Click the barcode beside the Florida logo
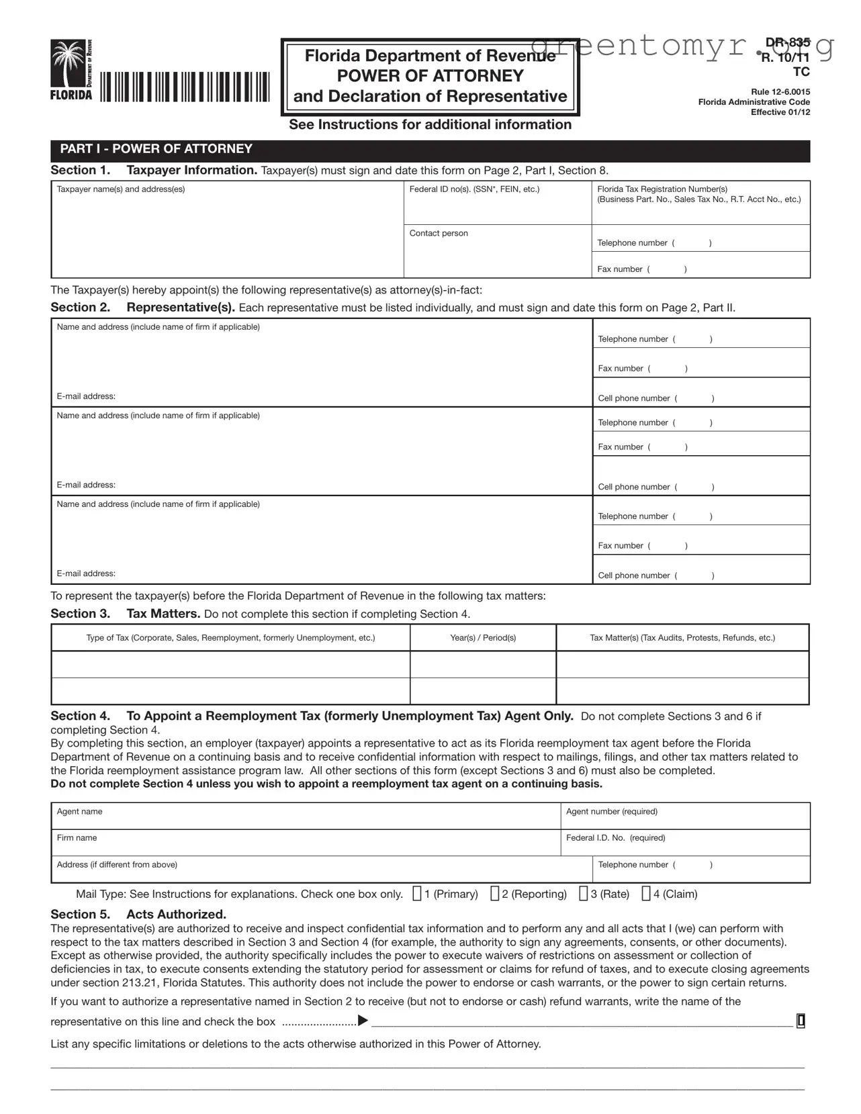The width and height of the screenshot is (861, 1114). pos(185,87)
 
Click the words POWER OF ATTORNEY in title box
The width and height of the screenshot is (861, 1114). pos(430,76)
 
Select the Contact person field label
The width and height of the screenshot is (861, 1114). pos(439,233)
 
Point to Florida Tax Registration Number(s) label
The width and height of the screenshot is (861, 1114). pos(662,189)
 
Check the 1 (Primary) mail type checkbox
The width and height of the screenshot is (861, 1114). pos(417,894)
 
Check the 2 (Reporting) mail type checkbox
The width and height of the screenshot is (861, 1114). pos(495,894)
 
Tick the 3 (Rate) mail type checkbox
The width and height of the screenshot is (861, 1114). pos(584,894)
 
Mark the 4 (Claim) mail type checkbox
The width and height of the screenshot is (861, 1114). pos(646,894)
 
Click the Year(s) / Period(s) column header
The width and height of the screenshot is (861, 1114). pos(483,638)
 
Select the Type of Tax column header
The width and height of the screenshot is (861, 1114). pos(230,638)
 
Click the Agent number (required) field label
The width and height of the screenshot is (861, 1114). pos(611,812)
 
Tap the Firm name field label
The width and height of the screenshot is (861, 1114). pos(77,838)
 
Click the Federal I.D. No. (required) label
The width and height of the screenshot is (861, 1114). pos(615,838)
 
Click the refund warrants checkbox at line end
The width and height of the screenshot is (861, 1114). pos(801,1021)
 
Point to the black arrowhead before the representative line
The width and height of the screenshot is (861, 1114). pos(363,1021)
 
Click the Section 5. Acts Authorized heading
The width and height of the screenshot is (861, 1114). pos(138,915)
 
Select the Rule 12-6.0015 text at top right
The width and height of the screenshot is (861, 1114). pos(780,92)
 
